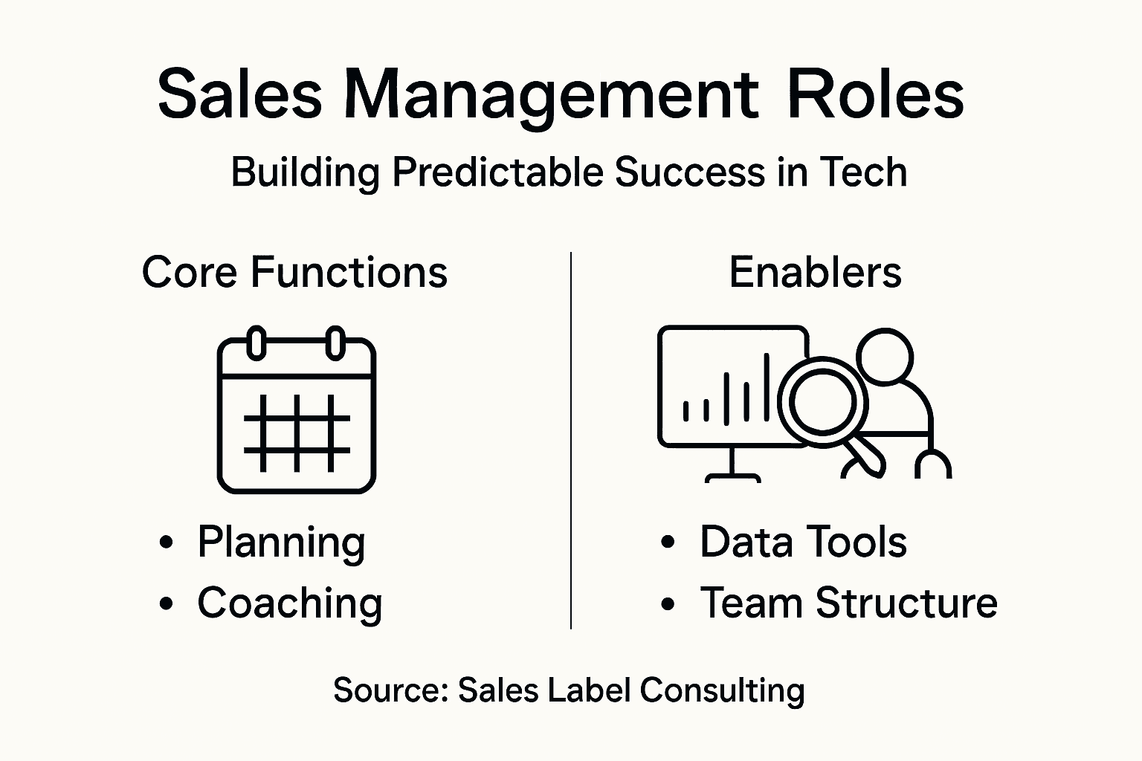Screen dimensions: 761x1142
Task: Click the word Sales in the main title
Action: coord(239,94)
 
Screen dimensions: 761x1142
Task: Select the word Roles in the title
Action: coord(875,94)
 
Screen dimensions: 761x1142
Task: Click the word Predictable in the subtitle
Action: coord(497,172)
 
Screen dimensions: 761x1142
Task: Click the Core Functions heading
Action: coord(294,272)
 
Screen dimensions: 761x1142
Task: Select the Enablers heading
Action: coord(815,272)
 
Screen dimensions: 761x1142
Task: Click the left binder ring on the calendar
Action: coord(257,343)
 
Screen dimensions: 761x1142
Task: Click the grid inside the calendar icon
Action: coord(297,433)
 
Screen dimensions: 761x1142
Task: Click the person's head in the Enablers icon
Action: coord(885,357)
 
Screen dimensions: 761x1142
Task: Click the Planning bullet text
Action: coord(281,543)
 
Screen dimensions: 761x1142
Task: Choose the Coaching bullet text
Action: coord(290,603)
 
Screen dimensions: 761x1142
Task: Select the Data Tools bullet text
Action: coord(803,542)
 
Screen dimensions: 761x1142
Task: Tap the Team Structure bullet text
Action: coord(848,603)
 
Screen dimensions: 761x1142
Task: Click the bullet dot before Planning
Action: coord(167,543)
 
